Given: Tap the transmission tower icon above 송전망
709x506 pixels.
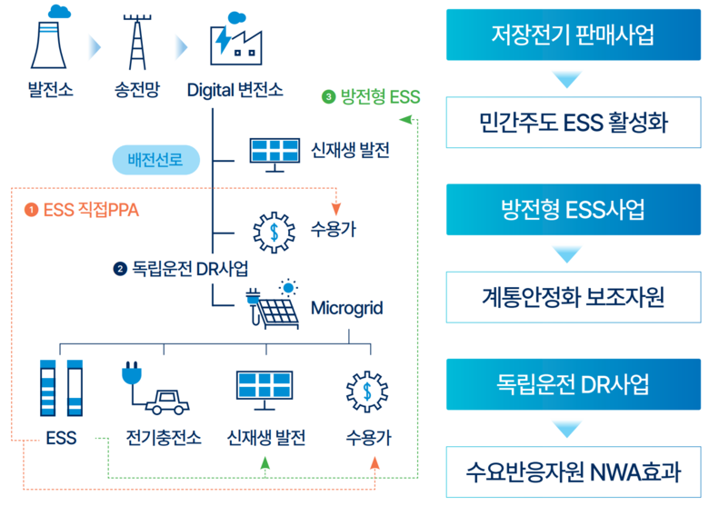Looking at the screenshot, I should tap(137, 41).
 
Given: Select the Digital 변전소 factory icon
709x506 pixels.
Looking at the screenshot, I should tap(234, 42).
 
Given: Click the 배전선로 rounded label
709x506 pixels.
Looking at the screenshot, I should tap(155, 161).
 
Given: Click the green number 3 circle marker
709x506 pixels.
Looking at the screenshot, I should tap(328, 94).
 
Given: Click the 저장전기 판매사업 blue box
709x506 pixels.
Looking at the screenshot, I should tap(573, 35).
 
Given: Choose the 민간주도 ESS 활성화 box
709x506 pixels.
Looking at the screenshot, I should tap(573, 122).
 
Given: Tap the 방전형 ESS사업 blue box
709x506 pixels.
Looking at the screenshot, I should tap(573, 210).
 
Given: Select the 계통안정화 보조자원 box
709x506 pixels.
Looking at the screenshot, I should tap(573, 296).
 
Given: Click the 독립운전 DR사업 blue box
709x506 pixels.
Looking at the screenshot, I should tap(573, 384).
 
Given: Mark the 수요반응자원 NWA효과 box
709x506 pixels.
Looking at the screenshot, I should tap(573, 471).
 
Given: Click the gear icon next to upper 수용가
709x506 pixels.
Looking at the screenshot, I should tap(274, 231).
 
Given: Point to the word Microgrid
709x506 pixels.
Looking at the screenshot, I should tap(346, 309).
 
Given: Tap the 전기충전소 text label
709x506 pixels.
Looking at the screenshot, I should tap(163, 438).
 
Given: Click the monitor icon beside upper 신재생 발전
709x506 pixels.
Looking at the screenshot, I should tap(274, 152).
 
